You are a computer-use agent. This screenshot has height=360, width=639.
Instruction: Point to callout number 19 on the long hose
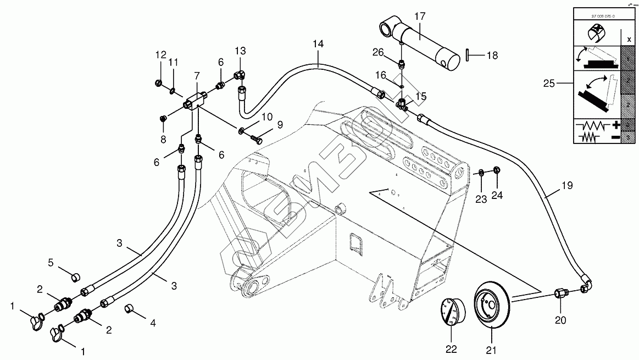click(x=567, y=186)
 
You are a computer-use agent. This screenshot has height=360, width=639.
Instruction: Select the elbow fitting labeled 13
click(x=240, y=74)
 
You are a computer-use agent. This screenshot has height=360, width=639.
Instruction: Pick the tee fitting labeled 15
click(x=403, y=103)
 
